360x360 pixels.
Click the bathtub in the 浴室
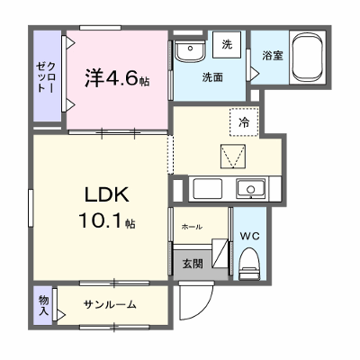309,58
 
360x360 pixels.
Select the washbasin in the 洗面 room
190,50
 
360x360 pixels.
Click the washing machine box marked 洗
227,44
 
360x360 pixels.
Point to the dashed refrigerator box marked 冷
244,122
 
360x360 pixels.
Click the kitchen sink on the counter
250,189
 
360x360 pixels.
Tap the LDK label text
107,194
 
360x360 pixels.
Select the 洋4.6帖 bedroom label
117,77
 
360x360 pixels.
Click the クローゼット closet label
46,76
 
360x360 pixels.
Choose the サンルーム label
110,305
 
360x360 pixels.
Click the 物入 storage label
43,305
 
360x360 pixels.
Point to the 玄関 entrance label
193,264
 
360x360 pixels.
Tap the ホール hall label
192,227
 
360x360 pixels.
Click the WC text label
249,237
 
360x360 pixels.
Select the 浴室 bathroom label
273,56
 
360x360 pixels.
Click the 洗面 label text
212,77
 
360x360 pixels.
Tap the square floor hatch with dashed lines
233,157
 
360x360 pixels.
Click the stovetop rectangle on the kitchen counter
208,189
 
